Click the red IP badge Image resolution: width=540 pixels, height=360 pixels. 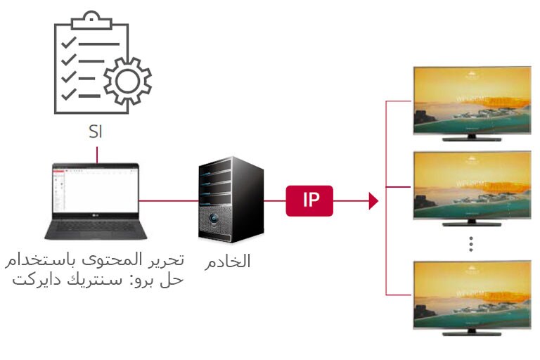pos(309,200)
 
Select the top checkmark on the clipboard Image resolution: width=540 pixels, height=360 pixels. pos(69,42)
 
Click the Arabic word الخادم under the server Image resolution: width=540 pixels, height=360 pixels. pos(227,262)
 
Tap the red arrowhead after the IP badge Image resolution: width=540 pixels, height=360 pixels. pos(373,201)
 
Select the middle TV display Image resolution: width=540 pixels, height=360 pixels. pos(471,184)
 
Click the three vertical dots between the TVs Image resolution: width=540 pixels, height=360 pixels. pos(471,243)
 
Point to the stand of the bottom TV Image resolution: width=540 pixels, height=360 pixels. pos(471,331)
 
